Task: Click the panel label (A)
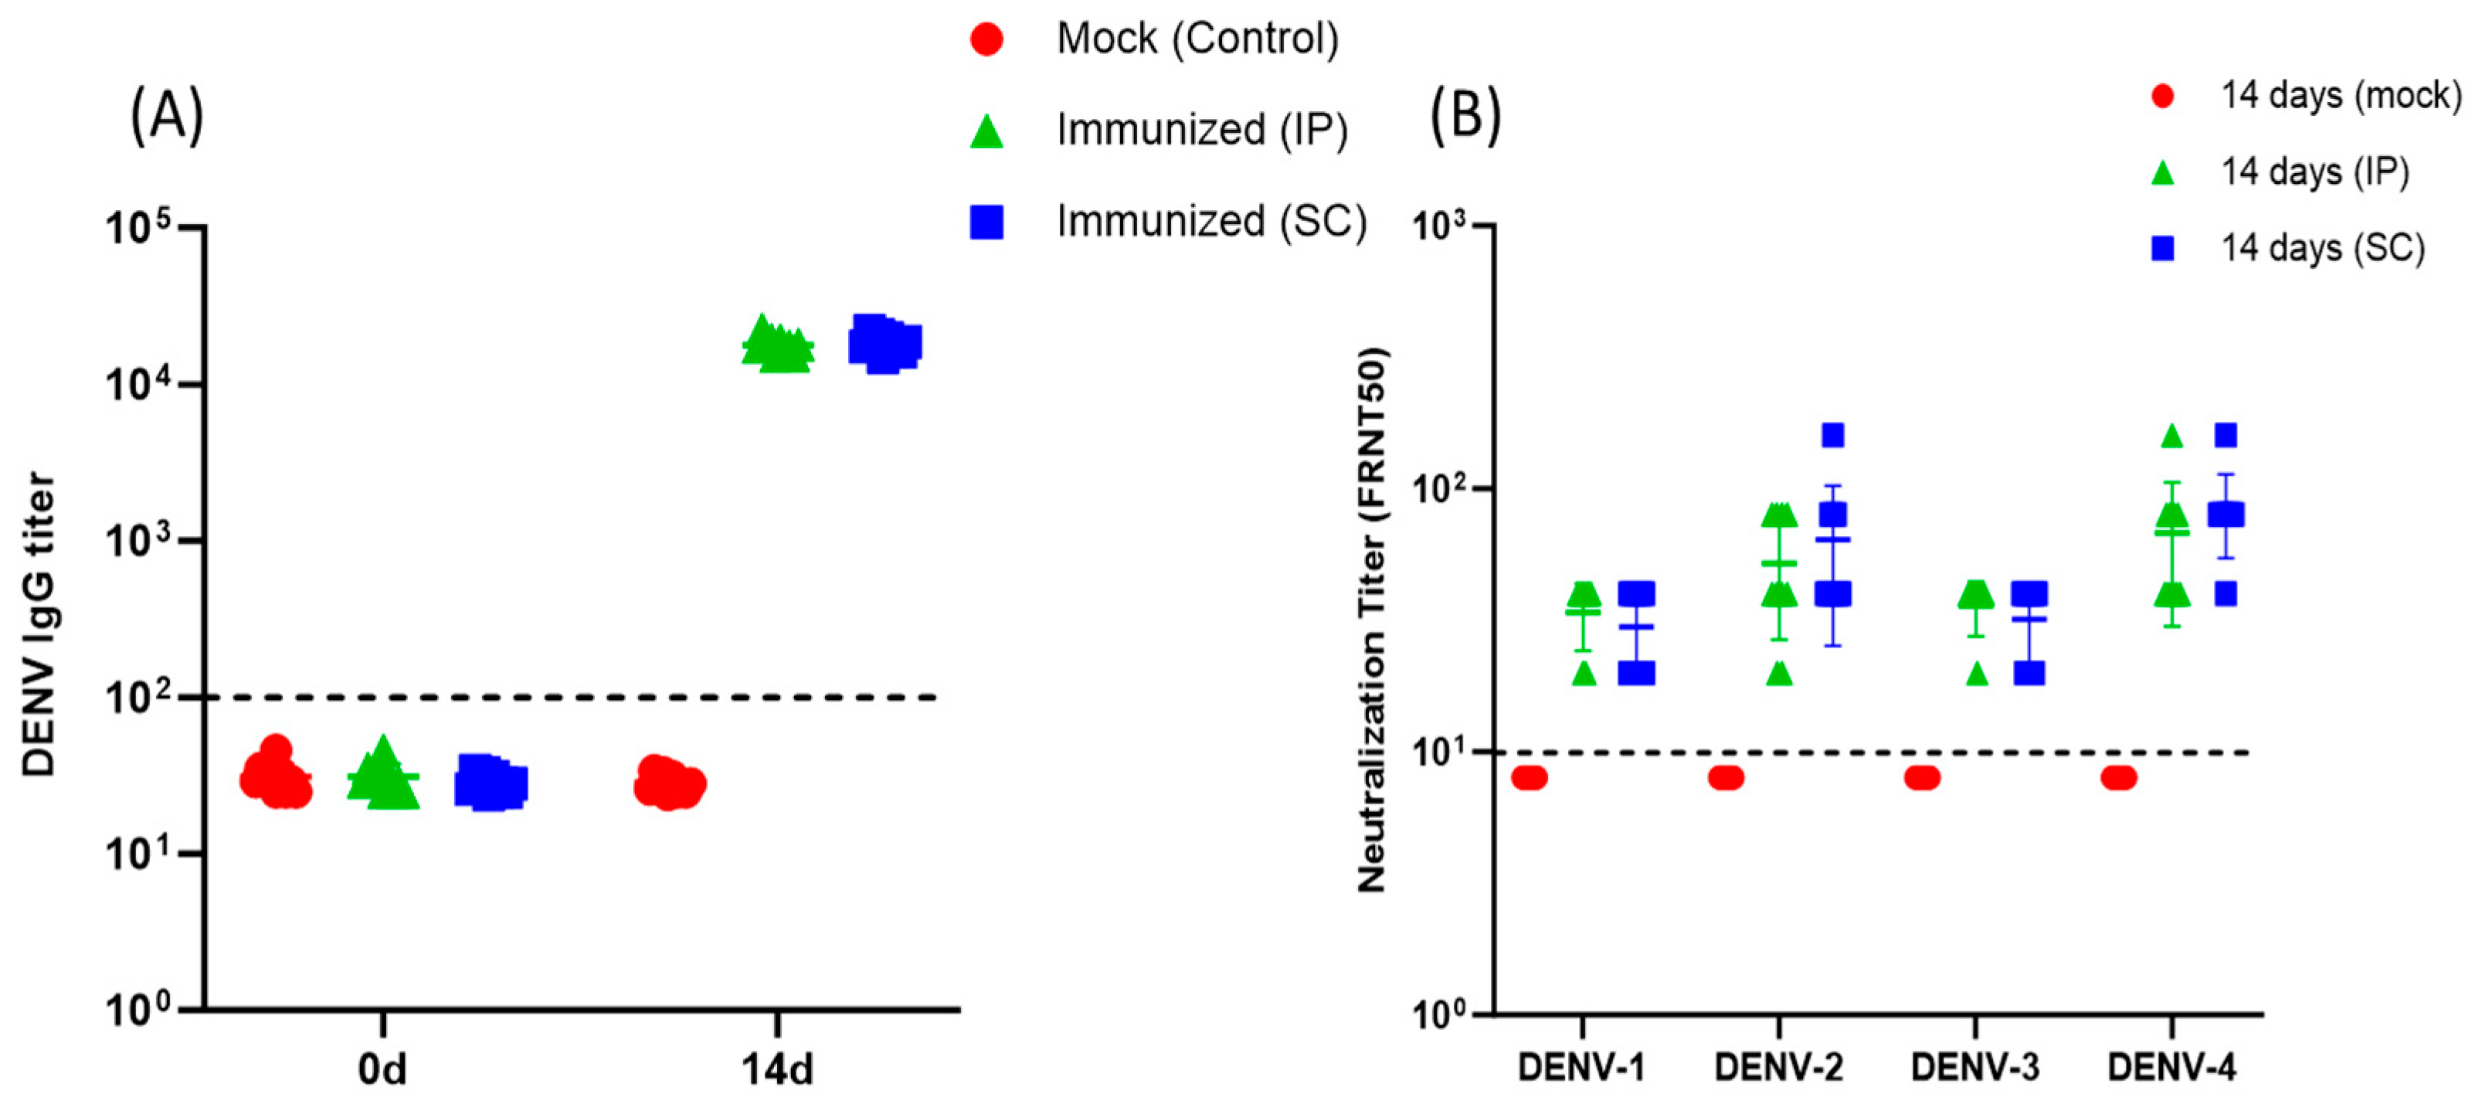[167, 116]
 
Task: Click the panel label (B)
[1465, 116]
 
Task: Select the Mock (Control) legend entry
[1197, 39]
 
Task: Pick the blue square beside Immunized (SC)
[986, 222]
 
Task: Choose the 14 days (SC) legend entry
[2322, 249]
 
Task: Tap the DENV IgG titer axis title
[39, 624]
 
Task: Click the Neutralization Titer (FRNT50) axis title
[1371, 619]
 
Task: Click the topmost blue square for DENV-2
[1832, 436]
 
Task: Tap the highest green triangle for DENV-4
[2171, 437]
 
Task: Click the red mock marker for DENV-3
[1922, 777]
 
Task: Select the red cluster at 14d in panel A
[669, 783]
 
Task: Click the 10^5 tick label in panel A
[138, 227]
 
